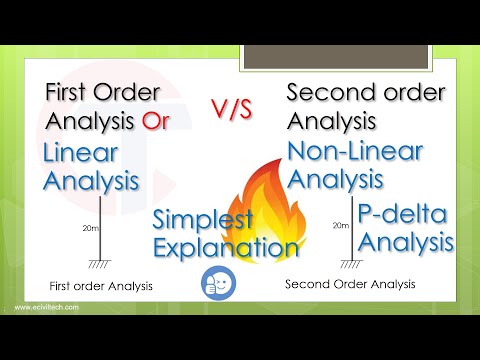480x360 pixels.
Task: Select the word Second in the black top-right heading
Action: (x=321, y=94)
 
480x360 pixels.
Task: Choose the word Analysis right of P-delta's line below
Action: (x=406, y=241)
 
